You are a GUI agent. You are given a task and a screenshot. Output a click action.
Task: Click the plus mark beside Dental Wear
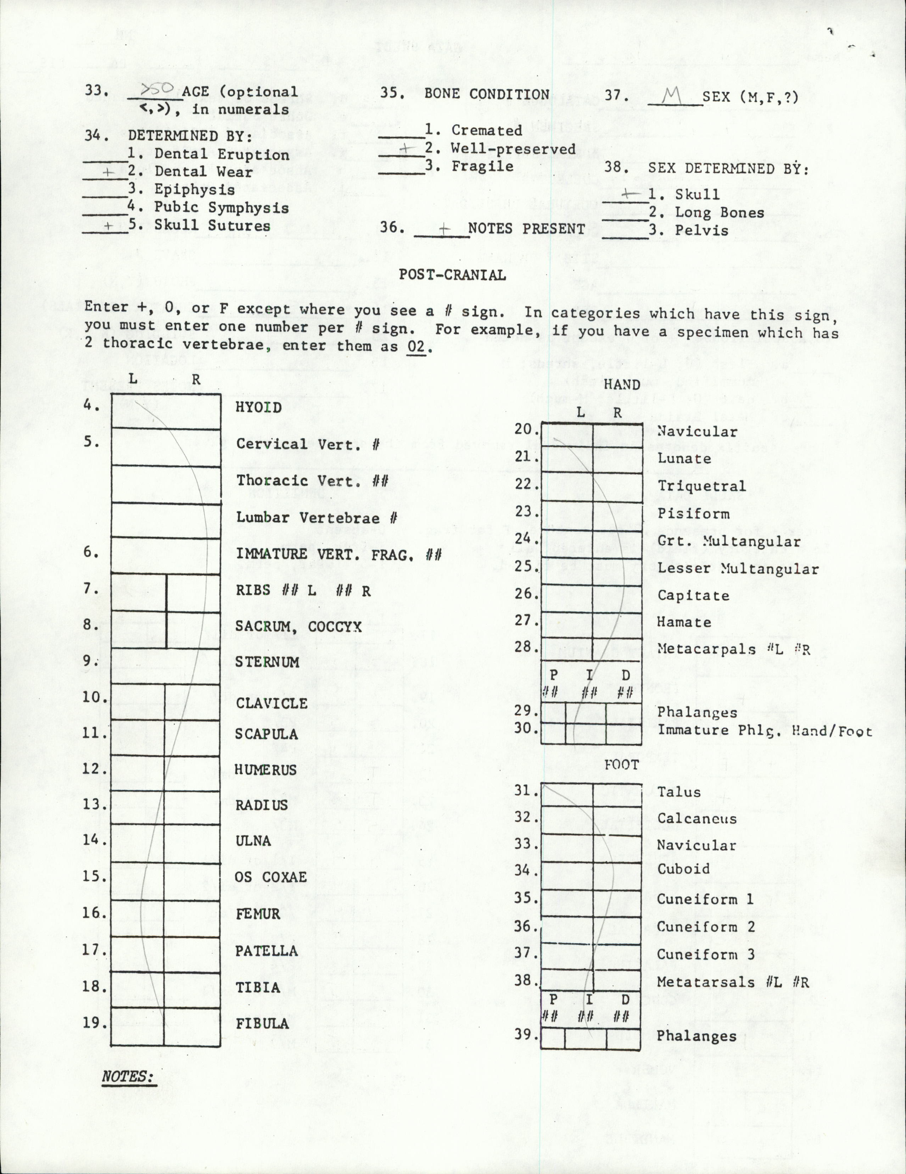[109, 172]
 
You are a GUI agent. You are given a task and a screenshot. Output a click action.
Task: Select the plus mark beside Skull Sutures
[108, 226]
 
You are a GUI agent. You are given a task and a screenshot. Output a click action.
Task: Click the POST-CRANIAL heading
[452, 275]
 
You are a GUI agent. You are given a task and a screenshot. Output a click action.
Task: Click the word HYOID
[258, 407]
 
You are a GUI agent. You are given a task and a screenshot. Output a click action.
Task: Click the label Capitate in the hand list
[693, 596]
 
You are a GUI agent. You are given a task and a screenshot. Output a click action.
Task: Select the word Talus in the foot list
[679, 792]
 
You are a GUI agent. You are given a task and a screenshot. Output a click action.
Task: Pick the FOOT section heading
[622, 764]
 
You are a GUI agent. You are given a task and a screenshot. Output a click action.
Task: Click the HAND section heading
[622, 384]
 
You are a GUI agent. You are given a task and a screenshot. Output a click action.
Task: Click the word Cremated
[486, 130]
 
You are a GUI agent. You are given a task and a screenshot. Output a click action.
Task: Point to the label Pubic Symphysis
[222, 208]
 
